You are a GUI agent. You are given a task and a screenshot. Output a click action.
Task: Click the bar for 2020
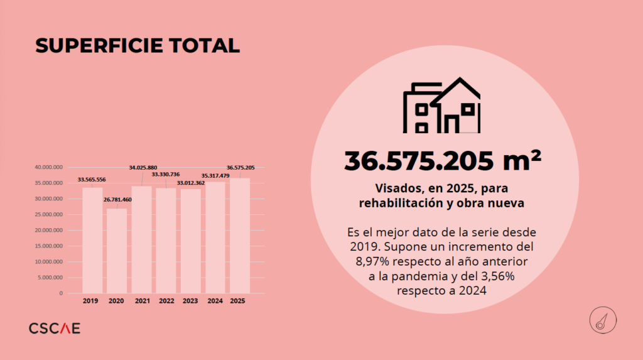coord(117,251)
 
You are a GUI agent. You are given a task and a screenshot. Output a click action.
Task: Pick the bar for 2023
coord(191,241)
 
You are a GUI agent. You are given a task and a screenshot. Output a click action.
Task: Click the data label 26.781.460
coord(118,200)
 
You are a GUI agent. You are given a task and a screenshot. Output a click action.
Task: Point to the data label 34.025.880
coord(143,168)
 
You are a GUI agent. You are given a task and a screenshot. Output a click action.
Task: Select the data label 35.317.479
coord(215,176)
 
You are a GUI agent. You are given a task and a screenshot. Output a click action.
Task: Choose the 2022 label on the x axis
coord(166,302)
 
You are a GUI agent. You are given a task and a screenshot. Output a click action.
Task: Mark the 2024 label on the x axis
coord(215,302)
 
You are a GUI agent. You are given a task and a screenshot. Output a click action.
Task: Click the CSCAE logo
coord(55,328)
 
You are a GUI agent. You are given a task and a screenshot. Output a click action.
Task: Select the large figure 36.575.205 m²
coord(442,161)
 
